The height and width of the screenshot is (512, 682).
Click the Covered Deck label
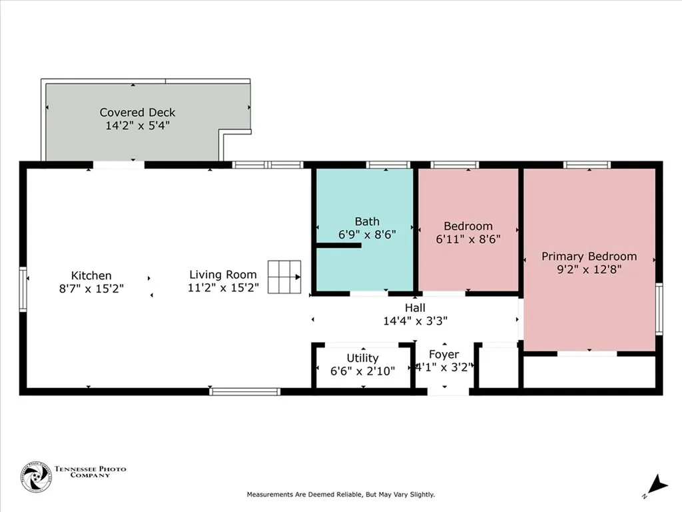click(x=137, y=112)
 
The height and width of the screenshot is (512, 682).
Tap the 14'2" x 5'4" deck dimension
click(x=137, y=126)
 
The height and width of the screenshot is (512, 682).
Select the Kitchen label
click(x=91, y=275)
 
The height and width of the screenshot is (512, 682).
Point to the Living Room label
click(x=223, y=275)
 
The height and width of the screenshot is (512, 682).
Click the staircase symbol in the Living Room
click(x=284, y=277)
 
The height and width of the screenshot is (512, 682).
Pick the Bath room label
click(x=367, y=221)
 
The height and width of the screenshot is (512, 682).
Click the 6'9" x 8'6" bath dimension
click(x=367, y=235)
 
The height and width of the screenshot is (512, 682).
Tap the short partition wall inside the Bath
click(x=338, y=245)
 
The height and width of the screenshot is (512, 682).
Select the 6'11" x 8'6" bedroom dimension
click(x=468, y=239)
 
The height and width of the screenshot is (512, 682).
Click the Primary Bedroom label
click(x=589, y=257)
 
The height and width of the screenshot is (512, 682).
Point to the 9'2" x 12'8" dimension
click(x=589, y=269)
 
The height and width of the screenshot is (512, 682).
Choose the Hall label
click(x=415, y=308)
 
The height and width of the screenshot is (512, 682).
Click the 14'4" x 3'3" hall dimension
click(x=416, y=321)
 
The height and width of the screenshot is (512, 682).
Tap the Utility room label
click(x=363, y=358)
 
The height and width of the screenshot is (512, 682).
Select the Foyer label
click(x=444, y=355)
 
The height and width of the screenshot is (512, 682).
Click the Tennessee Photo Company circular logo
click(x=36, y=477)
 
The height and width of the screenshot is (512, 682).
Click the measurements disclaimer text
click(x=341, y=495)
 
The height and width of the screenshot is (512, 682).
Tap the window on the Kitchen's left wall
click(x=23, y=289)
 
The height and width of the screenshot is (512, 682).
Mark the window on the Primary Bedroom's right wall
click(x=659, y=309)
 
